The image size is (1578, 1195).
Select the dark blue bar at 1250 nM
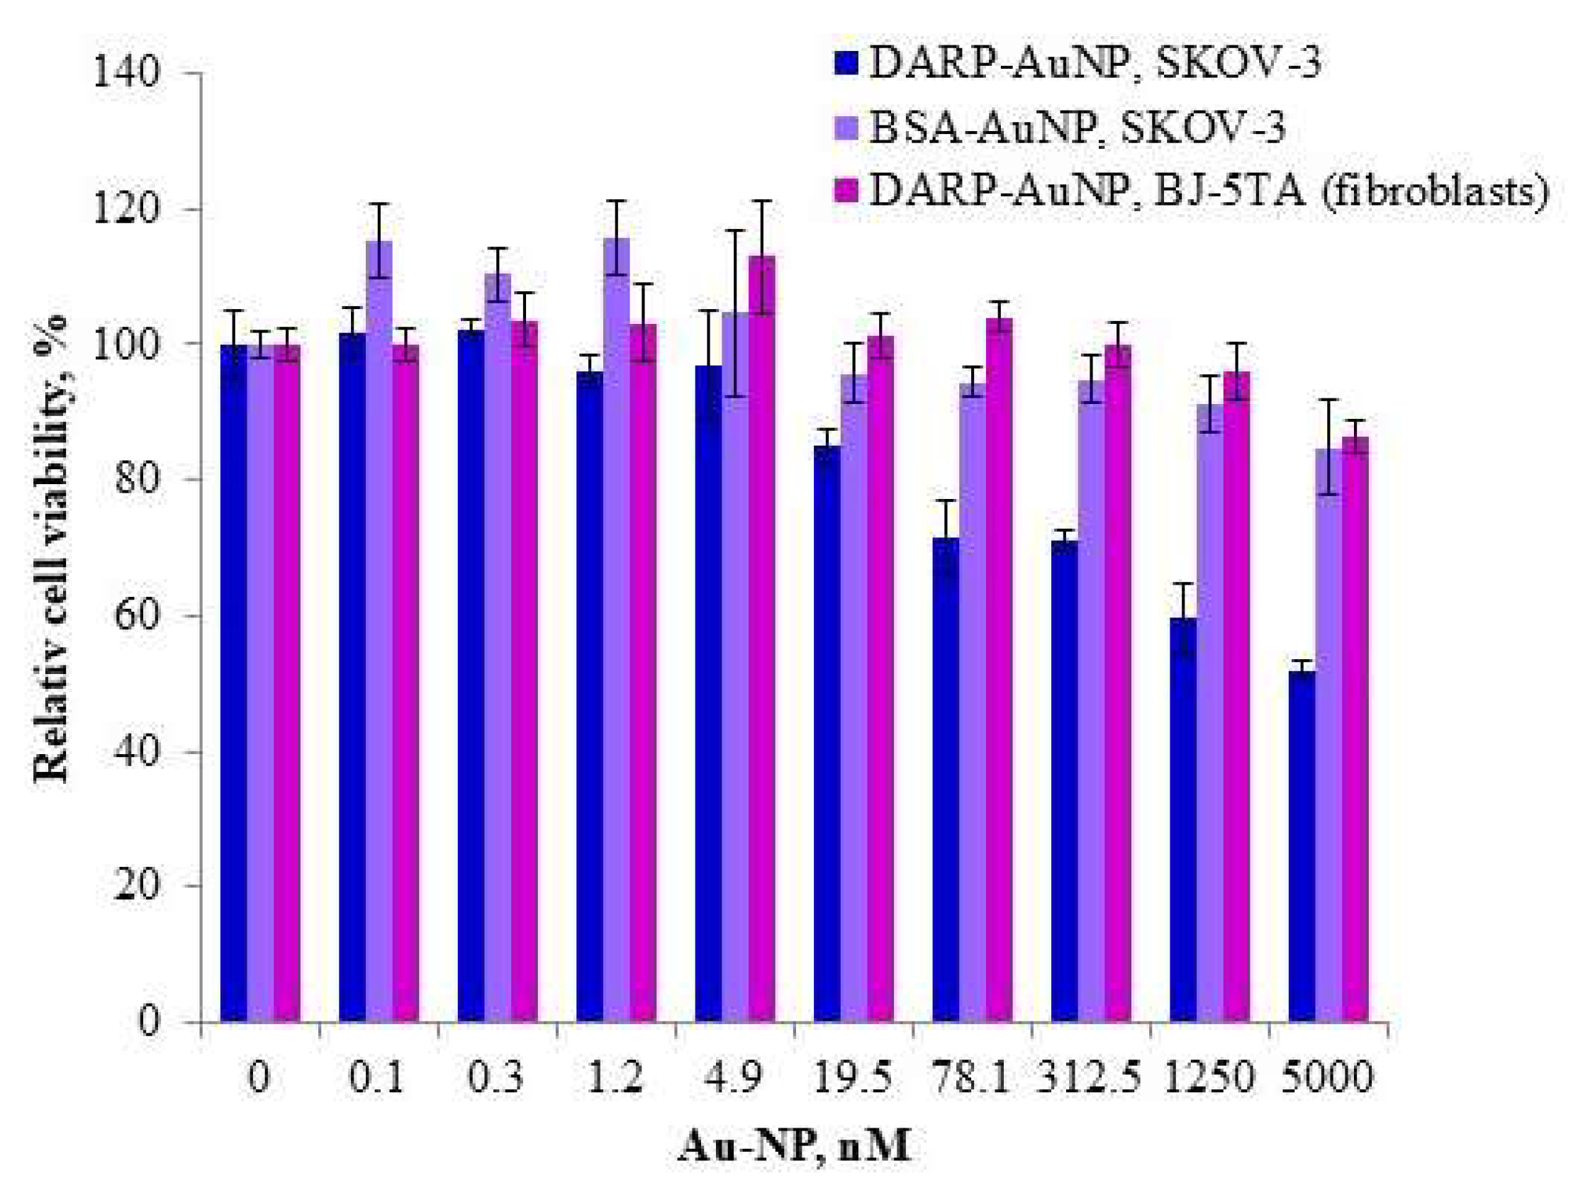1182,821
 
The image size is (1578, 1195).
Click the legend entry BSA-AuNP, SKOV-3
1078,128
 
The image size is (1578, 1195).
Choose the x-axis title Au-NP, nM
795,1147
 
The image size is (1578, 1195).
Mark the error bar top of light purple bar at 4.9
735,230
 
